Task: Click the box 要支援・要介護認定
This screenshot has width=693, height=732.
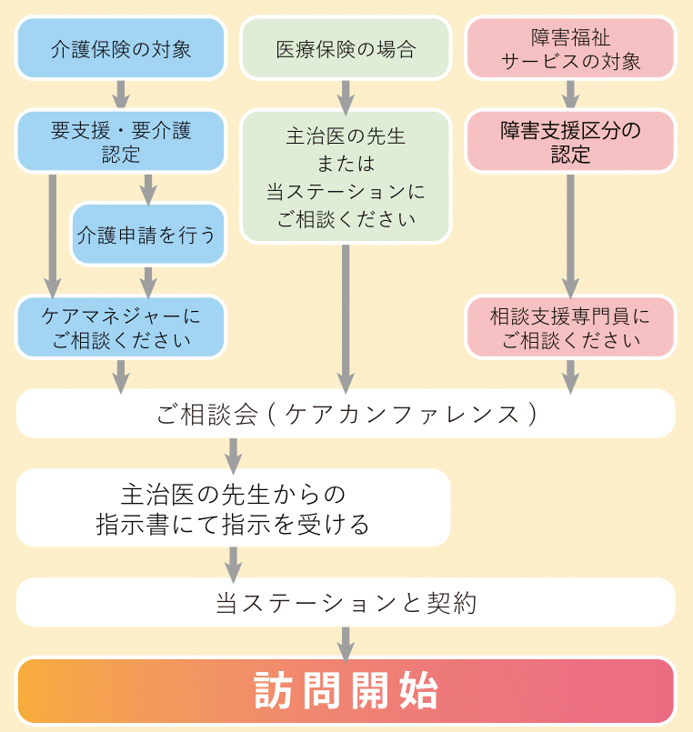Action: [120, 142]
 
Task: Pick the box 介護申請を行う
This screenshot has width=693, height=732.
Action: [147, 235]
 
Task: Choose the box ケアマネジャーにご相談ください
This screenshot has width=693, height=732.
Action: [120, 327]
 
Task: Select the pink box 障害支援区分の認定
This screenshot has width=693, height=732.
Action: [570, 142]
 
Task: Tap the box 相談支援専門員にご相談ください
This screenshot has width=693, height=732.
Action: [570, 327]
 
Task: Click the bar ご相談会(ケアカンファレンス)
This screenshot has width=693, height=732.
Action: [346, 414]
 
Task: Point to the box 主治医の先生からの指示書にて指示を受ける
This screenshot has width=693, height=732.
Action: [233, 508]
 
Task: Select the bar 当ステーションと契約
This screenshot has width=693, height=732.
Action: [346, 602]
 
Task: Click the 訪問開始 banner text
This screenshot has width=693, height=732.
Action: [346, 691]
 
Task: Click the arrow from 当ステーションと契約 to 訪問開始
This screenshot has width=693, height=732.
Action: [346, 642]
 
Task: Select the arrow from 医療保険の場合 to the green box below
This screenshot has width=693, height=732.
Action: [346, 95]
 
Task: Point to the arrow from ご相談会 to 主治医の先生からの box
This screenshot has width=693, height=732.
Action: [233, 454]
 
